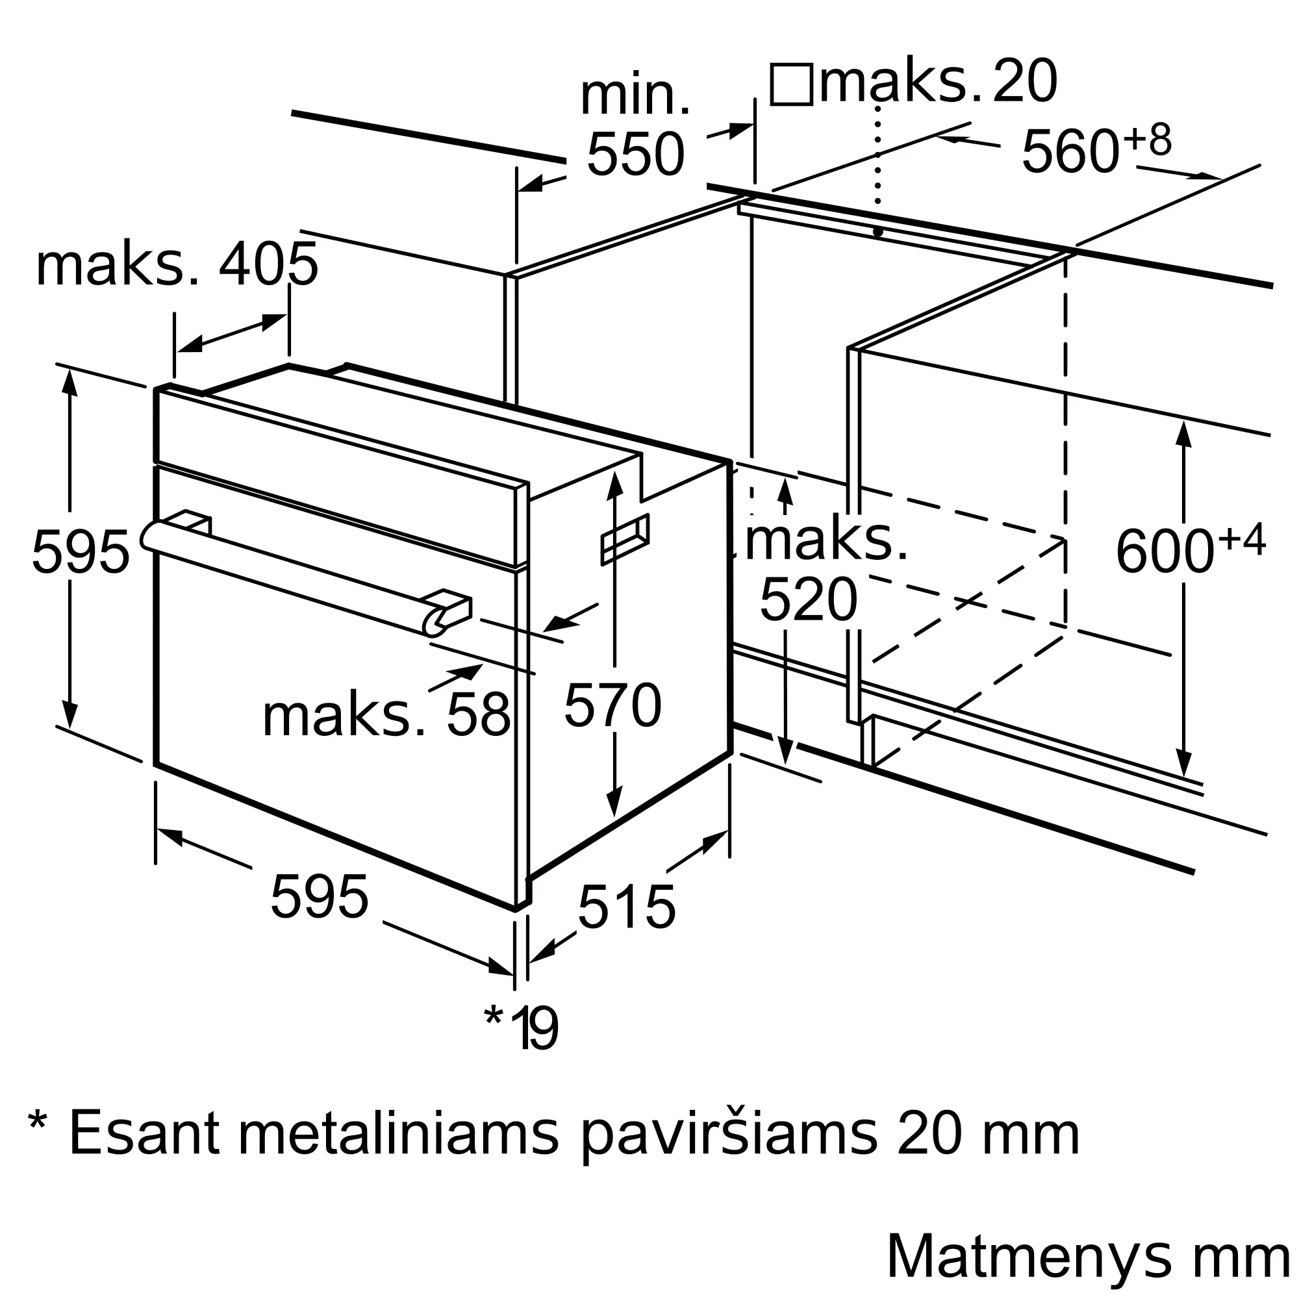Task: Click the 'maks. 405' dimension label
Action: (x=176, y=265)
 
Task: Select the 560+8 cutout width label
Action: (x=1096, y=148)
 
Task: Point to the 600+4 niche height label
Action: (x=1190, y=550)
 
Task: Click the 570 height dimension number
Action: (x=612, y=705)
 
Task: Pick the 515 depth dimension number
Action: (x=626, y=908)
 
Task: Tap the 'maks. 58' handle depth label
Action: (x=386, y=716)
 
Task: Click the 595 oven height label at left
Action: (x=81, y=552)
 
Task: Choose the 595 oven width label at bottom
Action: (x=320, y=897)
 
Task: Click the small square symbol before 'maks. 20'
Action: (x=790, y=84)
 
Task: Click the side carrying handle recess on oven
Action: (x=625, y=538)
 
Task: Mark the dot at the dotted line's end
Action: (x=878, y=232)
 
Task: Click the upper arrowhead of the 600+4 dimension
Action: (x=1183, y=435)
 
